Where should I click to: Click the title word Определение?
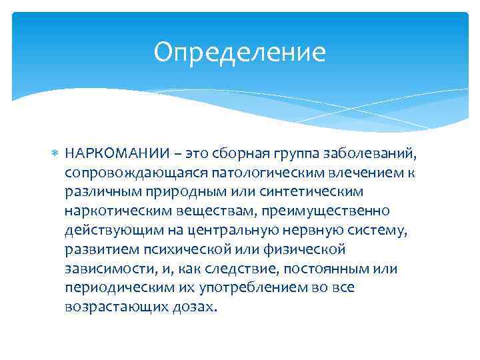239,52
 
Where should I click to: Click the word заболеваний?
379,154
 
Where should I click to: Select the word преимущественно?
326,211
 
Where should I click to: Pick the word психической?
191,249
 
